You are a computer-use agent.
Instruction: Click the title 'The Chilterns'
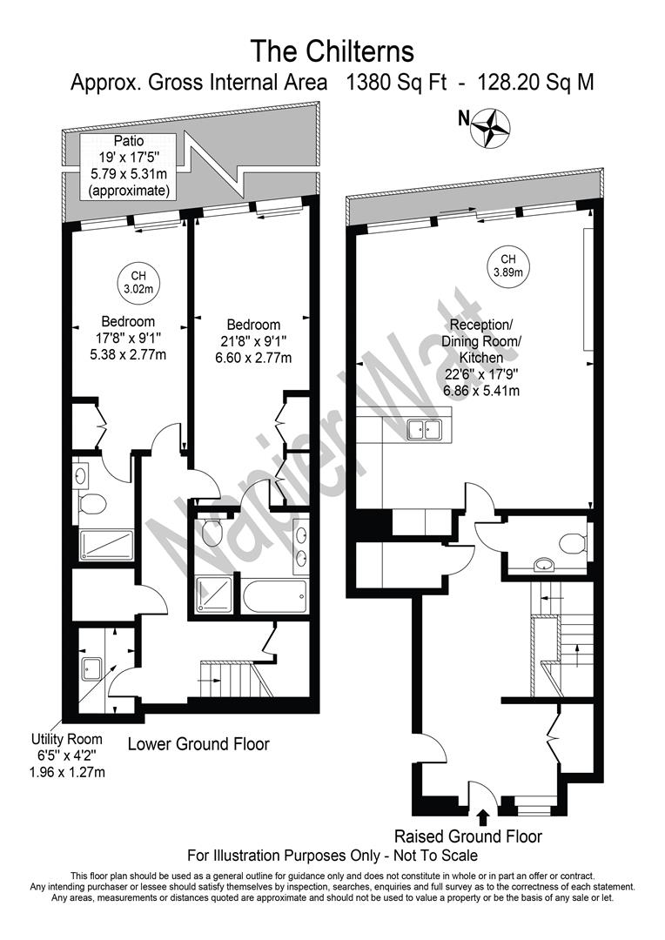[x=332, y=50]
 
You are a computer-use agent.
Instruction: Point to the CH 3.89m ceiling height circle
[x=507, y=265]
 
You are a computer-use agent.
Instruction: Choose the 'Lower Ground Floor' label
[x=198, y=744]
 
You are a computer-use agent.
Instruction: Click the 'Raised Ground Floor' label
[x=468, y=836]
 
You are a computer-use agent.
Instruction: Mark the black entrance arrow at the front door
[x=484, y=816]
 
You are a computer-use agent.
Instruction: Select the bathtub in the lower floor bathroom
[x=274, y=597]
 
